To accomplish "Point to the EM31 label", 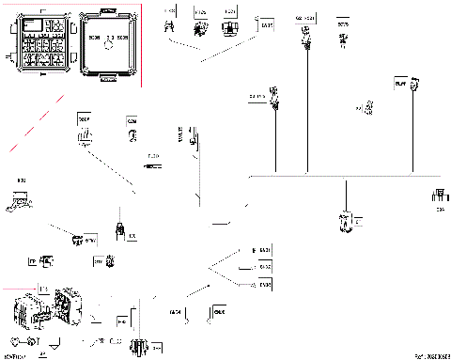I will point(263,249).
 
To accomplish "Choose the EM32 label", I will point(263,266).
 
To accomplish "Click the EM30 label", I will point(263,283).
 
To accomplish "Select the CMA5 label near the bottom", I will point(220,311).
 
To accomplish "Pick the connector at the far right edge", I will point(438,198).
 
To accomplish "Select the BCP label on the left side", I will point(20,179).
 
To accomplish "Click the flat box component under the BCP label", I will point(19,199).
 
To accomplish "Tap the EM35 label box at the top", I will point(267,25).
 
